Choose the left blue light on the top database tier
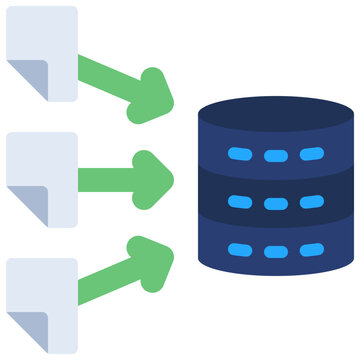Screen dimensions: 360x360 240,156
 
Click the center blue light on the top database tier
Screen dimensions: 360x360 275,156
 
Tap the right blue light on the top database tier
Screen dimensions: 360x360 311,154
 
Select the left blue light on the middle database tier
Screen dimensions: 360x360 240,203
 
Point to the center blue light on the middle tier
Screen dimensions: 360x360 275,204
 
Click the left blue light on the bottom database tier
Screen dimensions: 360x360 240,249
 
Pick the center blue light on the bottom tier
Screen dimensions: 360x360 275,250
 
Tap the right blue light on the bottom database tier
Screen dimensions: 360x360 311,248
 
